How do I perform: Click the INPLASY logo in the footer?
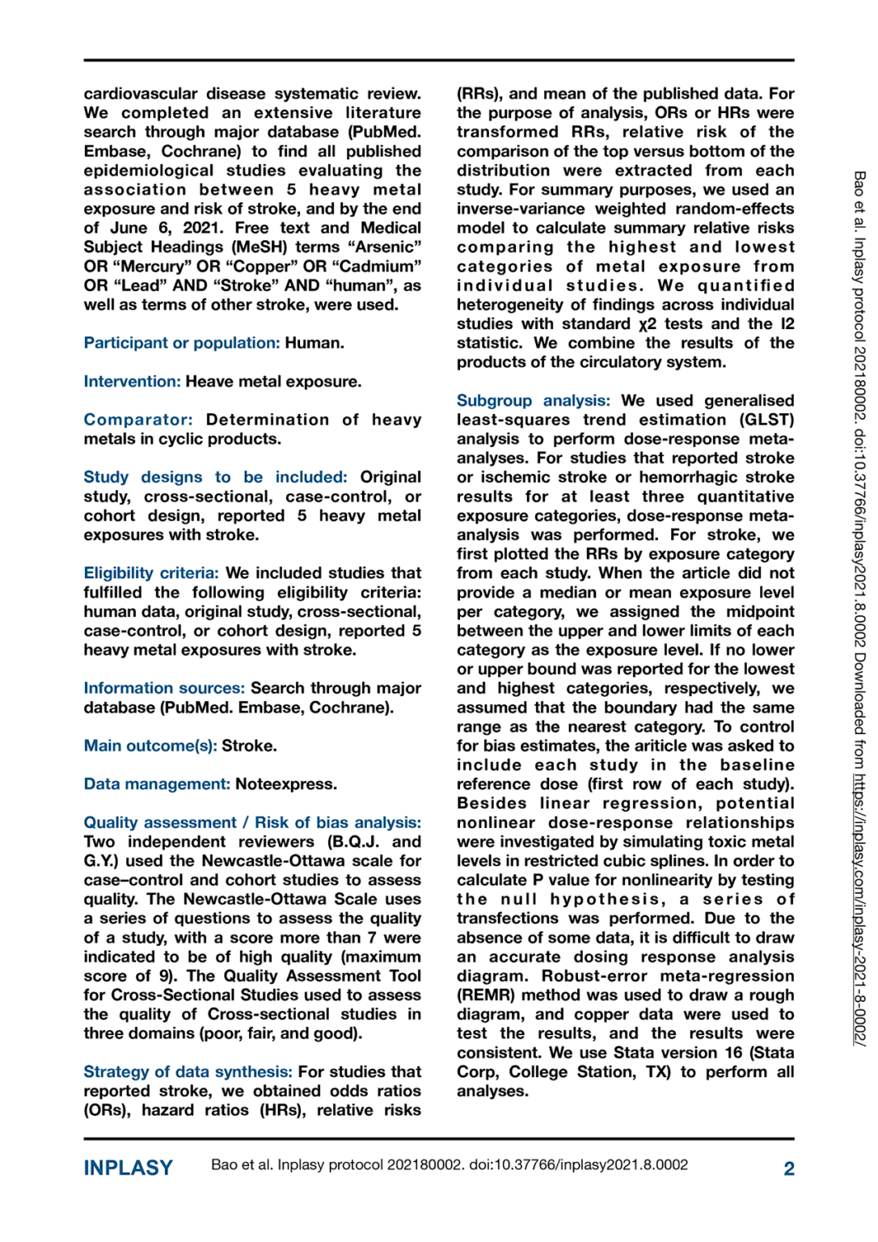click(x=128, y=1168)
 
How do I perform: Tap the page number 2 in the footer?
click(x=788, y=1168)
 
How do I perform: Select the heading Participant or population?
click(x=182, y=343)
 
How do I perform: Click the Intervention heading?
click(x=132, y=381)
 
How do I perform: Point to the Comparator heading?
click(x=138, y=420)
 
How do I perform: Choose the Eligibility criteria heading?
click(x=151, y=573)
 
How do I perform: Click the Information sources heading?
click(x=164, y=688)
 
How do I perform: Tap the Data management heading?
click(x=157, y=784)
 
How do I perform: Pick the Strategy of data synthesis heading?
click(x=188, y=1071)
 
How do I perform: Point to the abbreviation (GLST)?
click(x=766, y=420)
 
